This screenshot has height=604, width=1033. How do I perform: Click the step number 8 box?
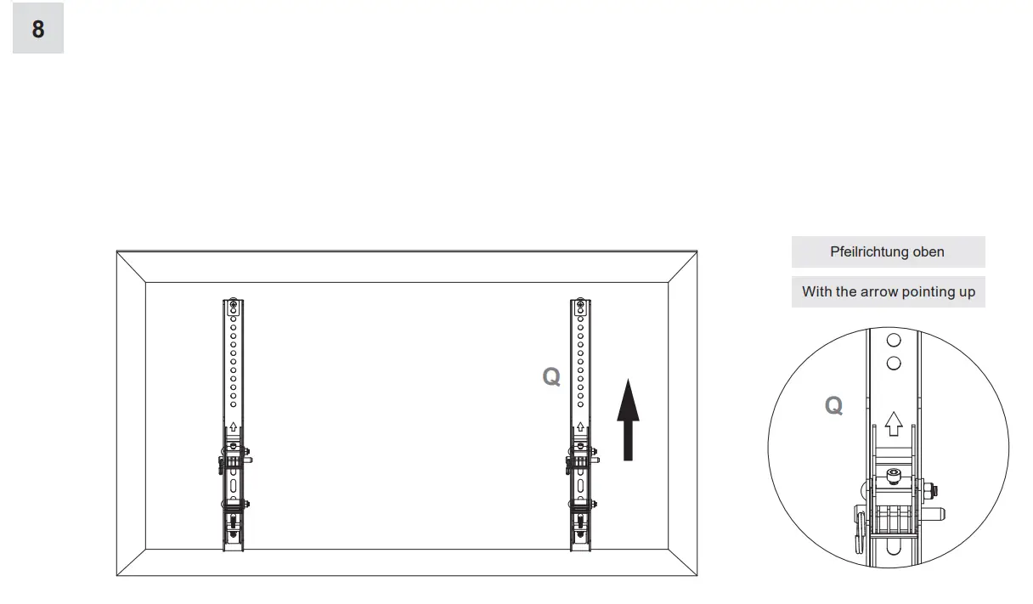38,28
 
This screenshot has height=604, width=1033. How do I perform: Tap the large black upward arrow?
628,421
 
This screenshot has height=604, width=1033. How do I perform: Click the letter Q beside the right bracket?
551,377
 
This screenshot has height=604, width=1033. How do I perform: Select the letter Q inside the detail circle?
834,406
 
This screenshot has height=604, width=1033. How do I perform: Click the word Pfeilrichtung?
869,252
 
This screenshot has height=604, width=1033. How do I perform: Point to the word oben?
928,252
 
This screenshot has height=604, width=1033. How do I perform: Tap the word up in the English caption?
967,291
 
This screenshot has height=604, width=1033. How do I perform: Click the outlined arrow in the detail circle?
893,422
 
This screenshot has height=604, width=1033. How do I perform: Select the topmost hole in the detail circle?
893,341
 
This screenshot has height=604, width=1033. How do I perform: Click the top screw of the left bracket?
234,304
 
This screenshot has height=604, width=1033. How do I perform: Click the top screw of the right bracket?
580,304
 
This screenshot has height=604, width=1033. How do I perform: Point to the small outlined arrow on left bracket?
234,426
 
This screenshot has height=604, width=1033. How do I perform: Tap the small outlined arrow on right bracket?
580,426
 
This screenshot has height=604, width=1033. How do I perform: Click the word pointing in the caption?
923,291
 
